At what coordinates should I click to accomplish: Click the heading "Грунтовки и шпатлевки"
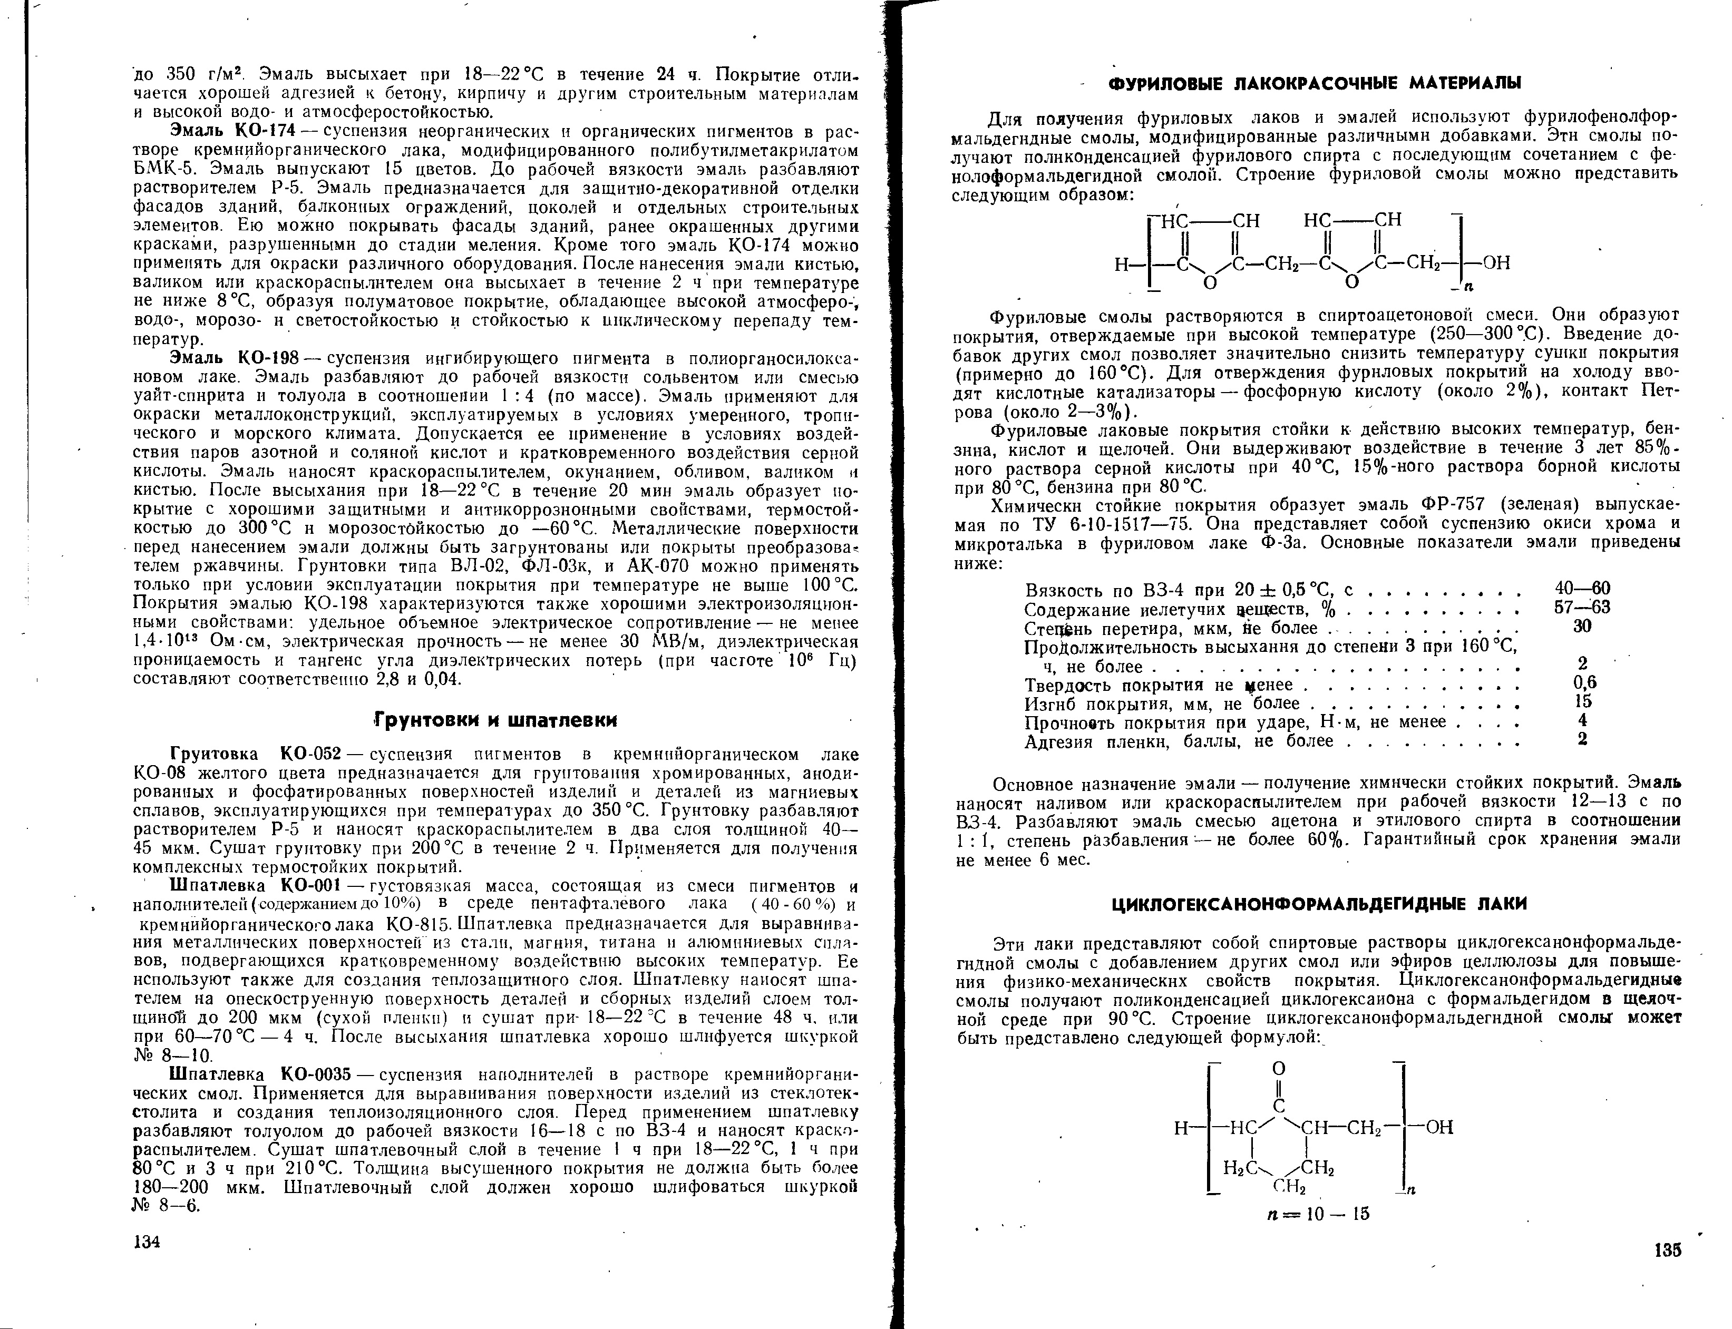point(495,720)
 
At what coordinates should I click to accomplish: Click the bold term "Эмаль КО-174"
point(233,130)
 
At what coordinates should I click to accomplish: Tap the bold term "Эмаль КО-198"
point(233,358)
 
